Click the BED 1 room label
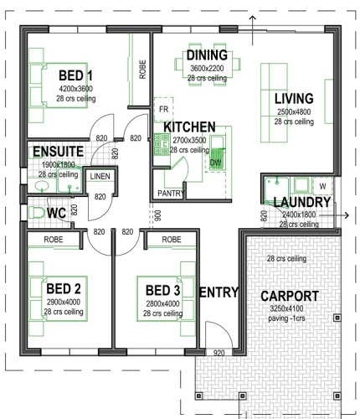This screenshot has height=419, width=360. pos(75,75)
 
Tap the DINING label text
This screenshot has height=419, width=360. pos(207,55)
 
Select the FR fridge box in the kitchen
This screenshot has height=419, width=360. pos(163,109)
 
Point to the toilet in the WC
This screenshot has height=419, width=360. pos(37,213)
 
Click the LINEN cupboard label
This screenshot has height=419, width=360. pos(100,176)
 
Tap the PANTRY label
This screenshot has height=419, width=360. pos(171,193)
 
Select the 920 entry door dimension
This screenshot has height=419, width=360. pos(219,354)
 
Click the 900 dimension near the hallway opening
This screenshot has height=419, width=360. pos(158,215)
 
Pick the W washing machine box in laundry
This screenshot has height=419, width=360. pos(322,186)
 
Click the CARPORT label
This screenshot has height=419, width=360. pos(290,296)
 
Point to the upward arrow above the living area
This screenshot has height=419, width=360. pos(253,30)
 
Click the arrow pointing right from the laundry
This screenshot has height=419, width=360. pos(334,215)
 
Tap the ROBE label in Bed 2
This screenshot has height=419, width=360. pos(54,240)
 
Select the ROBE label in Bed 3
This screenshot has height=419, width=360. pos(172,240)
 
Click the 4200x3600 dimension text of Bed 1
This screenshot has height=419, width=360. pos(75,89)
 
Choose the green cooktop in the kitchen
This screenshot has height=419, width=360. pos(162,144)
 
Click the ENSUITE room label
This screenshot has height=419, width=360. pos(58,152)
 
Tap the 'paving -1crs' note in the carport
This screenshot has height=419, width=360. pos(286,318)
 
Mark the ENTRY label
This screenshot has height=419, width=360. pos(219,292)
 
